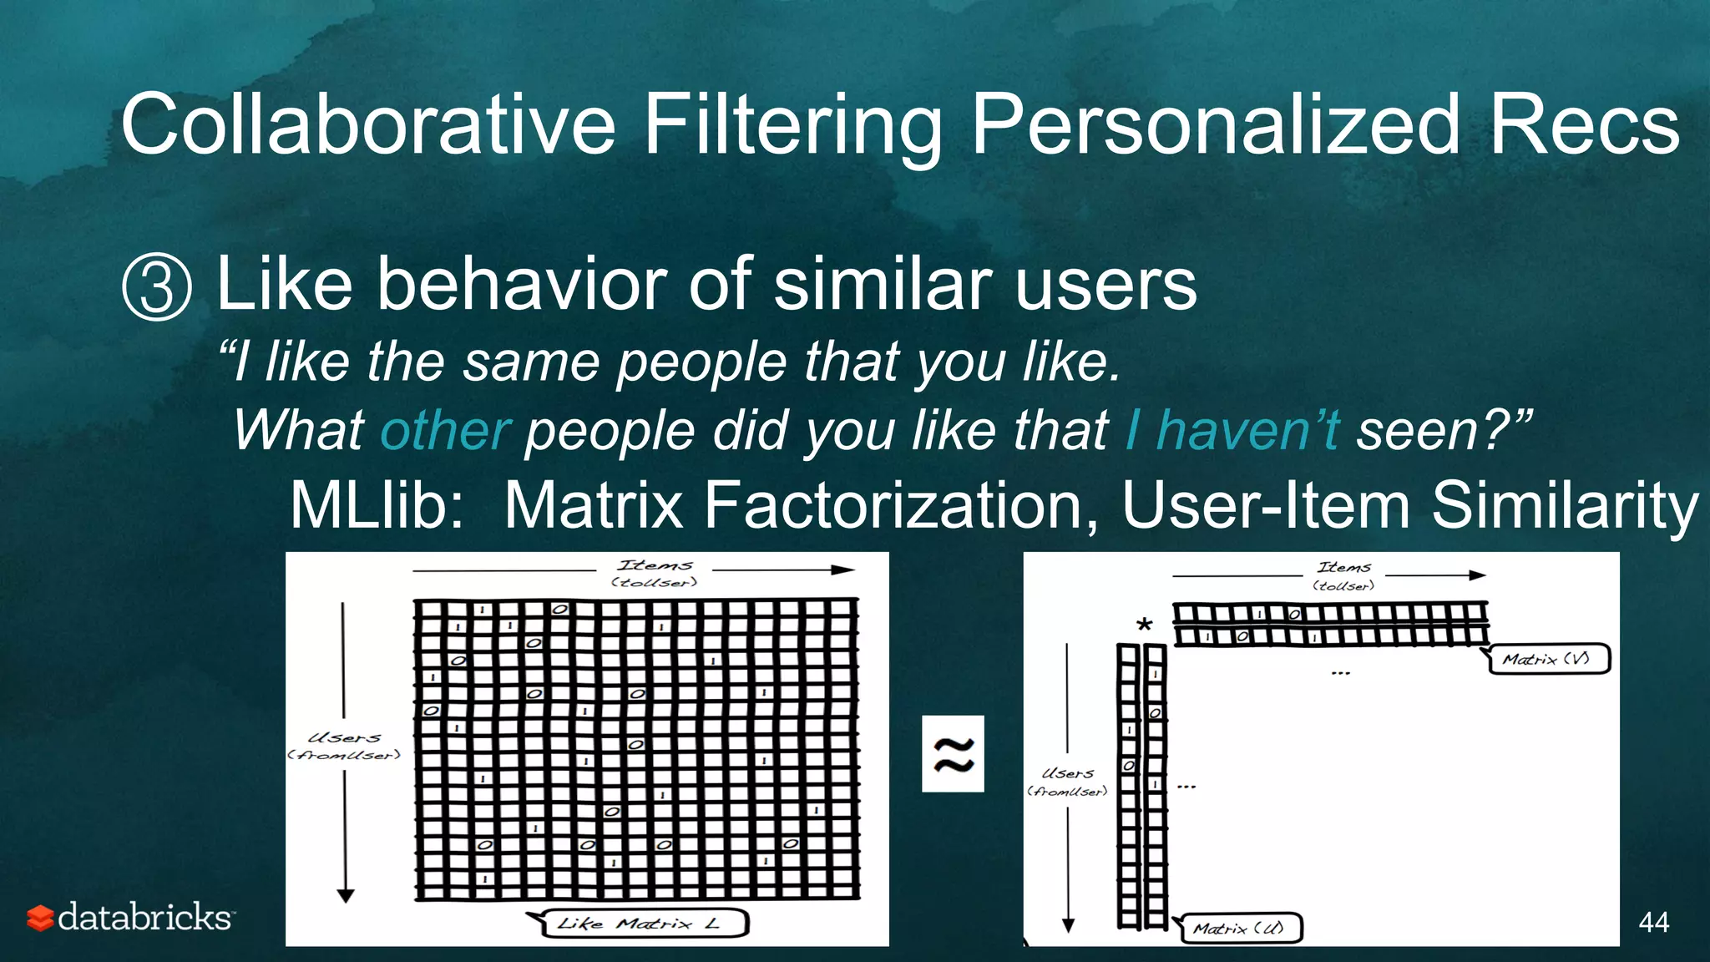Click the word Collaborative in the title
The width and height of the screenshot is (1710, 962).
[368, 125]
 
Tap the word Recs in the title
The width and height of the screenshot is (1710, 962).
[1584, 125]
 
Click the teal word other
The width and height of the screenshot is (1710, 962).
[445, 431]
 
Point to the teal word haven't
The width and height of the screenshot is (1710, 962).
[1248, 431]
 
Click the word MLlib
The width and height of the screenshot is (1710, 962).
[377, 505]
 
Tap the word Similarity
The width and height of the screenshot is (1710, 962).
[1565, 505]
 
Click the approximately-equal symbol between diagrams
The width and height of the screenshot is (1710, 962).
[953, 754]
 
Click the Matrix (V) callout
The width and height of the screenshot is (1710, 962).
[1550, 659]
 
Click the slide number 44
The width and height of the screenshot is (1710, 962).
[1653, 922]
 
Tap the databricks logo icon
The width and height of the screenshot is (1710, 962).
[39, 918]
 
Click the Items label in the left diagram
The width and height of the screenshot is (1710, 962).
[655, 565]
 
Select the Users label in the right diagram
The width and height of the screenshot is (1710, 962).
[1068, 773]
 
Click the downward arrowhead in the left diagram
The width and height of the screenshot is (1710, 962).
[346, 896]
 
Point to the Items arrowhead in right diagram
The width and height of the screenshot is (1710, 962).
[1477, 575]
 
